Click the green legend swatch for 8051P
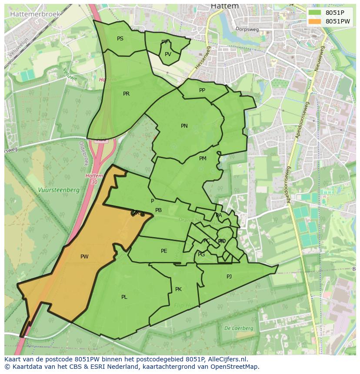(x=315, y=13)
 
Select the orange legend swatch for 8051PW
(x=315, y=21)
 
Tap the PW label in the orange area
(x=84, y=257)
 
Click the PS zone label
(x=120, y=39)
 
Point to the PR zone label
(x=126, y=94)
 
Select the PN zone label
(x=184, y=126)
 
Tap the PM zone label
(x=203, y=159)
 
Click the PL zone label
(x=124, y=297)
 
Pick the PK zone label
(x=178, y=289)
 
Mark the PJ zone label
(x=229, y=277)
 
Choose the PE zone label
(x=164, y=251)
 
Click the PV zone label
(x=168, y=54)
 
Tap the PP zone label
(x=202, y=90)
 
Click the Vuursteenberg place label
(x=58, y=190)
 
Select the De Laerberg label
(x=239, y=328)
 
